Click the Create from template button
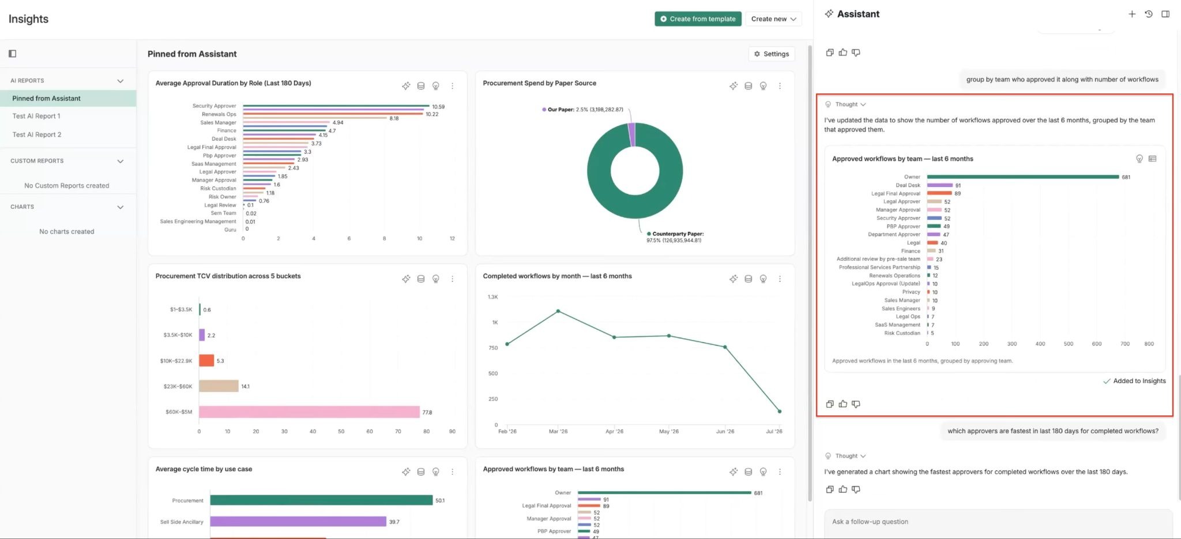(x=698, y=19)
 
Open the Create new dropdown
(x=773, y=19)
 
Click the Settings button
(x=772, y=54)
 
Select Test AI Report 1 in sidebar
(x=36, y=116)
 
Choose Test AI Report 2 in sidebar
(x=37, y=134)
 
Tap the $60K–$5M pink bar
(x=309, y=412)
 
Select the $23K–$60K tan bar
(x=219, y=386)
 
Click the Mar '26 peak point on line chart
(x=558, y=311)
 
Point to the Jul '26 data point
(x=780, y=411)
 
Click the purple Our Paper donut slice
(x=631, y=134)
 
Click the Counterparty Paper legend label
(x=678, y=234)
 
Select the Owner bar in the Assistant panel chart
(x=1022, y=177)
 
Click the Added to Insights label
(x=1139, y=381)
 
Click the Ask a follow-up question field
(x=998, y=522)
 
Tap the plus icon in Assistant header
(x=1132, y=14)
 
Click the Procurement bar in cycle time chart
(x=321, y=500)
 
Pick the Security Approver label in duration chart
(x=214, y=106)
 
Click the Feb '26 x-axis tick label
(x=507, y=431)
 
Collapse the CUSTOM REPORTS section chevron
(x=120, y=161)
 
